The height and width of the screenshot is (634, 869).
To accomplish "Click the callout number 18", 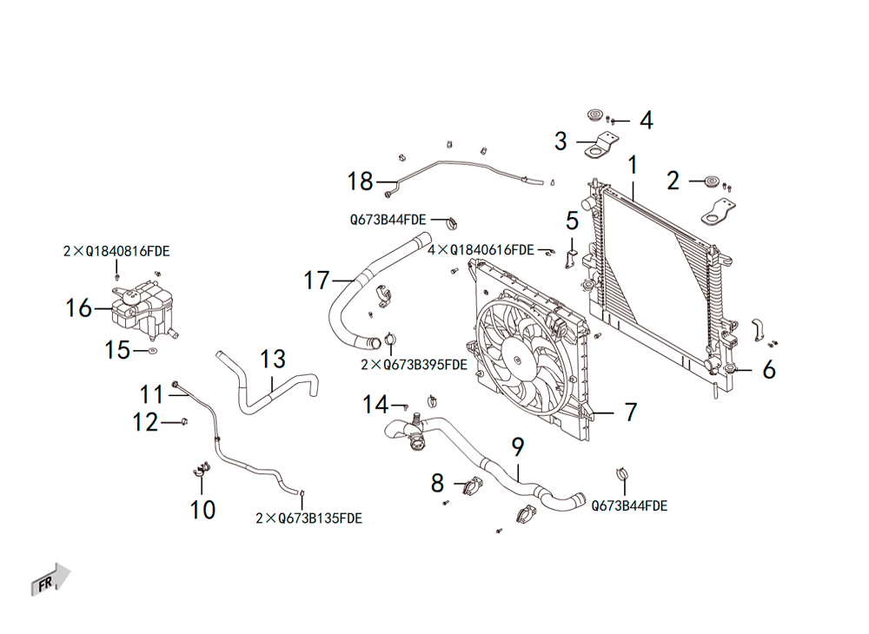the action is click(x=361, y=182).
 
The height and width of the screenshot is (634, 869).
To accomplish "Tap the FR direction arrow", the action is click(x=50, y=580).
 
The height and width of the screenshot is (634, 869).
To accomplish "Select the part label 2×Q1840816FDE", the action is click(x=116, y=251).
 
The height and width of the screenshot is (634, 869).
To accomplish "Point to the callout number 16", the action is click(x=78, y=308).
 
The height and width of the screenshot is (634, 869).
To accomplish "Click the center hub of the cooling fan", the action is click(x=517, y=360).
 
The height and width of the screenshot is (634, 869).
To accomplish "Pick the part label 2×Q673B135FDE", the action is click(x=308, y=518).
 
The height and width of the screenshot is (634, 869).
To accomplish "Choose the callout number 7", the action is click(x=631, y=412).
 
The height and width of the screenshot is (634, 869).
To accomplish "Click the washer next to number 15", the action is click(x=152, y=351).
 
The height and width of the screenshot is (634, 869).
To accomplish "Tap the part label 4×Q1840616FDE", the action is click(x=481, y=250).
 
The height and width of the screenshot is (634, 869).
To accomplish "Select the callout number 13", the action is click(x=273, y=360).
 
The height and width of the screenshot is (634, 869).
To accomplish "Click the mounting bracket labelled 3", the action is click(x=601, y=146).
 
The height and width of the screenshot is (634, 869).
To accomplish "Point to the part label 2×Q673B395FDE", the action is click(x=414, y=365).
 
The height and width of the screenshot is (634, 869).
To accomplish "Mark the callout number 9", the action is click(x=518, y=447).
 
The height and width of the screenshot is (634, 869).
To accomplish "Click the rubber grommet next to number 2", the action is click(x=711, y=182).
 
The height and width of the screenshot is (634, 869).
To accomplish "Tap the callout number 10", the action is click(x=202, y=510).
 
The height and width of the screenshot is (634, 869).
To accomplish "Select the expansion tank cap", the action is click(x=131, y=294).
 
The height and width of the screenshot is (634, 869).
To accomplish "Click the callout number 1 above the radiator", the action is click(x=633, y=165).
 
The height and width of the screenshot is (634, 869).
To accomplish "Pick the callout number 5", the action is click(x=572, y=221).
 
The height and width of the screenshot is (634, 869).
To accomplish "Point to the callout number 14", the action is click(x=375, y=405).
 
